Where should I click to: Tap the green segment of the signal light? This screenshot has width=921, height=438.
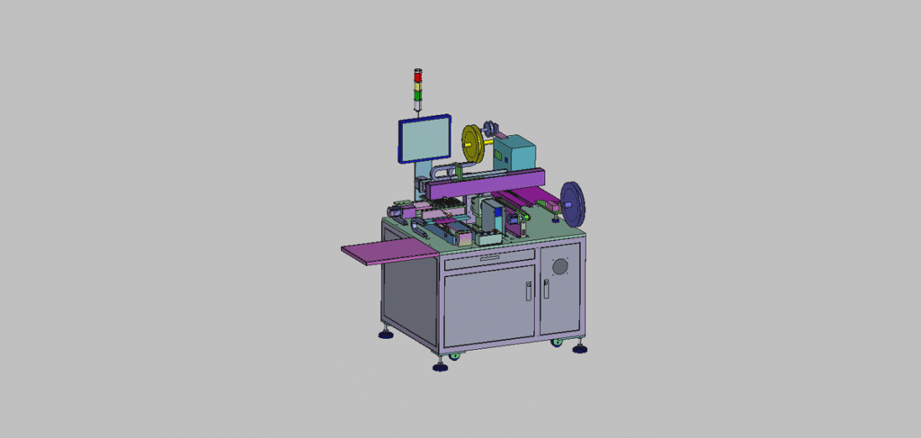click(x=416, y=94)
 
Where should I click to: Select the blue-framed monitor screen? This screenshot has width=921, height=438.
click(x=425, y=141)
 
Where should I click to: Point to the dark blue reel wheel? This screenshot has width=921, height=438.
click(x=574, y=203)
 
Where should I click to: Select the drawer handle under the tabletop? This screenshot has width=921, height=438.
click(x=489, y=259)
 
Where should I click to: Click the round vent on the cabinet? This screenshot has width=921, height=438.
click(x=560, y=266)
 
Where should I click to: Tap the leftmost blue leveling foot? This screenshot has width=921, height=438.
click(x=385, y=335)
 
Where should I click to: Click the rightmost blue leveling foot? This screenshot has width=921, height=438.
click(x=580, y=348)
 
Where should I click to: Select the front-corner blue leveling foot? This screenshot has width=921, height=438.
click(x=440, y=366)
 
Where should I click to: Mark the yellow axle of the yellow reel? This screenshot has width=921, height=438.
click(x=487, y=140)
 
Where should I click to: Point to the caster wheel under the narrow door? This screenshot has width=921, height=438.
click(x=556, y=343)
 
